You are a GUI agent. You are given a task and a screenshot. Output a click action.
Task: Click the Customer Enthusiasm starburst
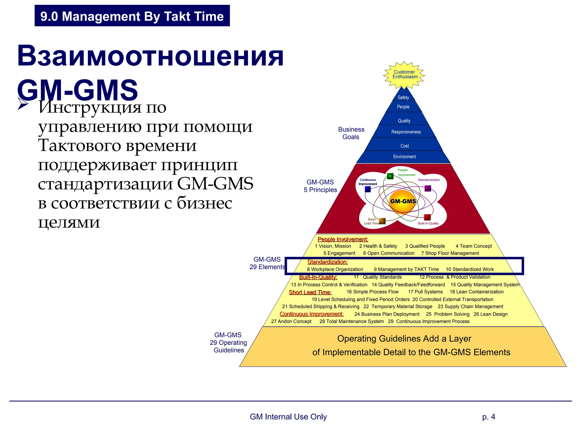click(x=404, y=75)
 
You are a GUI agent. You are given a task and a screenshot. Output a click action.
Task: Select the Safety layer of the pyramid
click(x=403, y=97)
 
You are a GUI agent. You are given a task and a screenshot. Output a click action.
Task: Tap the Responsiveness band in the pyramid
click(x=406, y=132)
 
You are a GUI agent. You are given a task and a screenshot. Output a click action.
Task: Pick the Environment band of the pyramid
click(x=404, y=157)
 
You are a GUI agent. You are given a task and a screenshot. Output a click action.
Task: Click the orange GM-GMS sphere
click(x=403, y=201)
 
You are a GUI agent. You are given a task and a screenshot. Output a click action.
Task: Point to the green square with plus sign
click(x=390, y=176)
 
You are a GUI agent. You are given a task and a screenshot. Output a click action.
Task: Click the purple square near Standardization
click(x=428, y=188)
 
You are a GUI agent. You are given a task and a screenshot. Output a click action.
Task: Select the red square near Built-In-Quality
click(x=427, y=217)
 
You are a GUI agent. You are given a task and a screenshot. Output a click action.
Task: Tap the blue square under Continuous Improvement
click(x=368, y=189)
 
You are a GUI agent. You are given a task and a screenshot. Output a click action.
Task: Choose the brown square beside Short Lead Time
click(x=382, y=221)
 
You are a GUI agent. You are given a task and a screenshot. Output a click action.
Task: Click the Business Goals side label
click(x=351, y=133)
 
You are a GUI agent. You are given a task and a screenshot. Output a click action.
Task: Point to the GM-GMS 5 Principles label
click(x=320, y=186)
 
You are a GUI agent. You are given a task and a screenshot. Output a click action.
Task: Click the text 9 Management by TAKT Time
click(x=406, y=269)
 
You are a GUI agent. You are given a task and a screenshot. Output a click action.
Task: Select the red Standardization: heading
click(x=327, y=262)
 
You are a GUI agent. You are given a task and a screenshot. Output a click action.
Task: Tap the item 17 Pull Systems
click(x=425, y=292)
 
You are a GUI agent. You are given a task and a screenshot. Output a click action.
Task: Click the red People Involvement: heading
click(x=343, y=239)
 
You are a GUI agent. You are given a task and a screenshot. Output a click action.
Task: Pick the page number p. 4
click(x=489, y=417)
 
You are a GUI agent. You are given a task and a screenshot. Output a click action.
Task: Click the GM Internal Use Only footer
click(x=288, y=417)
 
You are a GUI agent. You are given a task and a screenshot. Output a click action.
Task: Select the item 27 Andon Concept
click(x=291, y=321)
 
